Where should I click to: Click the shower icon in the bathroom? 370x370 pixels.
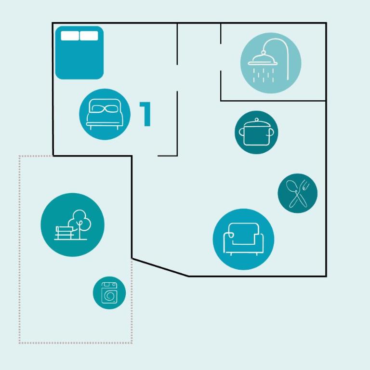tap(271, 63)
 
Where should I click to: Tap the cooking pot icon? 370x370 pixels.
tap(256, 132)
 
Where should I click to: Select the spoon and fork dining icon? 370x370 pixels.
tap(298, 193)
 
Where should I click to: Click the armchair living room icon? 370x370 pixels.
tap(243, 239)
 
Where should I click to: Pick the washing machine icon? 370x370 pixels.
tap(109, 293)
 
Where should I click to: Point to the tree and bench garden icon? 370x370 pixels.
tap(73, 225)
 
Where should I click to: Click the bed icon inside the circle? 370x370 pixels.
tap(105, 114)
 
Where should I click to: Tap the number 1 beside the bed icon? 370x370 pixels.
tap(145, 114)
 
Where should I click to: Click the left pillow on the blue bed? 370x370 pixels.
tap(70, 36)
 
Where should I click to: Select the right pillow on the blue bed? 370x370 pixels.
tap(89, 36)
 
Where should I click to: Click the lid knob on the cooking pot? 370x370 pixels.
tap(257, 119)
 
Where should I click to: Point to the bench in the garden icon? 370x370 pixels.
tap(64, 233)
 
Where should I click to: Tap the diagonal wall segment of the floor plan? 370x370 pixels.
tap(160, 267)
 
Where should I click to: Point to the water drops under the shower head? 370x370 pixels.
tap(264, 75)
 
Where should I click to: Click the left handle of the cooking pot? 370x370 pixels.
tap(241, 132)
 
